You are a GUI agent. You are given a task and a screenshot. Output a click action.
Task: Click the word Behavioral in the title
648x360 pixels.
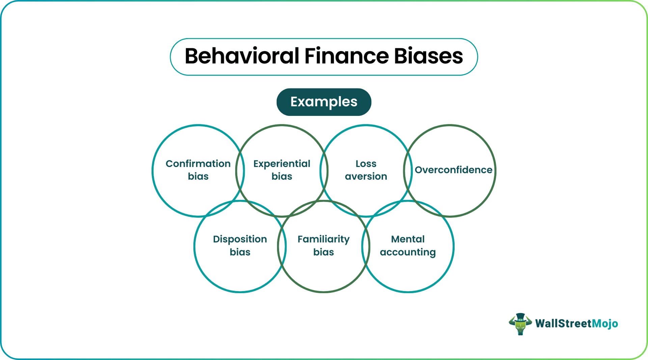click(x=242, y=56)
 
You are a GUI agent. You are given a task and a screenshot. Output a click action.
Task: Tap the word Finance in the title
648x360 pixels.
click(x=346, y=56)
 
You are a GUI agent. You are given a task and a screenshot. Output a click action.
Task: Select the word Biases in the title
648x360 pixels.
click(x=428, y=56)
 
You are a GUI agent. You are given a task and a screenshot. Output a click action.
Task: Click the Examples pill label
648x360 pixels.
click(x=324, y=102)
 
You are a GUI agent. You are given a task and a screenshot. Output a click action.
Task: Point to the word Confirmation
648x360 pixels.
click(x=198, y=164)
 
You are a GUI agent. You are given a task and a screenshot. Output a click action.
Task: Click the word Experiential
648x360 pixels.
click(x=282, y=164)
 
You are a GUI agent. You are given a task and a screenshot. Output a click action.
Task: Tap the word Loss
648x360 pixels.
click(x=366, y=164)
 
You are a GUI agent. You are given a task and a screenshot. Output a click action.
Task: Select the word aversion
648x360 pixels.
click(x=366, y=176)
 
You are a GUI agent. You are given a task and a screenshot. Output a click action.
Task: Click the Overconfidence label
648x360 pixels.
click(x=453, y=170)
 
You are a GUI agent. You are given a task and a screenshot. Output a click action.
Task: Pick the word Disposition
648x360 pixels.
click(x=240, y=239)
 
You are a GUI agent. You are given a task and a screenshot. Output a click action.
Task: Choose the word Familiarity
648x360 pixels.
click(x=324, y=239)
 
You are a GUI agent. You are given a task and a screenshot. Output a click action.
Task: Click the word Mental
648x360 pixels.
click(x=408, y=239)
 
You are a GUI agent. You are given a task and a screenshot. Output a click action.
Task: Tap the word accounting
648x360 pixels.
click(x=408, y=252)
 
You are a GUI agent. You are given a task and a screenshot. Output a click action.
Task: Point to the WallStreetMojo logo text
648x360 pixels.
click(x=576, y=324)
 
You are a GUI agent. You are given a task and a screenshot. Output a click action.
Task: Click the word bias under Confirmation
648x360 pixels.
click(x=198, y=176)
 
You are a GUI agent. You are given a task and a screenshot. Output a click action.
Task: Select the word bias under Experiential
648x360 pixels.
click(x=282, y=176)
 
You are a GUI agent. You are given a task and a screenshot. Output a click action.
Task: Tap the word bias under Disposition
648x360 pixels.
click(x=240, y=252)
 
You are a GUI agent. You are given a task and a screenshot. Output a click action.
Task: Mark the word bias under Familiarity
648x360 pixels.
click(x=324, y=252)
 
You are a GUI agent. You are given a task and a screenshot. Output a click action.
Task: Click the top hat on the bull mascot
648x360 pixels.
click(x=520, y=316)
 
